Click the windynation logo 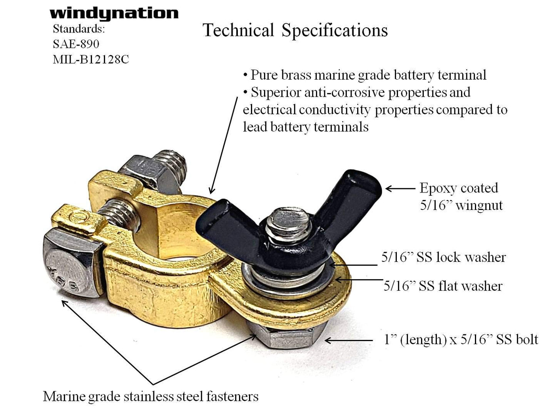click(x=114, y=13)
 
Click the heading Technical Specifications click(x=295, y=31)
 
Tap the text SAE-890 click(x=76, y=44)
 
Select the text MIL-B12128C click(x=91, y=59)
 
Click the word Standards click(x=78, y=29)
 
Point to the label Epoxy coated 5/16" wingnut click(x=461, y=196)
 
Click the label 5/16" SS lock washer click(x=443, y=257)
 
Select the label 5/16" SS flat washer click(x=443, y=286)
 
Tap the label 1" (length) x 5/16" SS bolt click(x=461, y=339)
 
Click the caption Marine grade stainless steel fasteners click(x=151, y=396)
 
